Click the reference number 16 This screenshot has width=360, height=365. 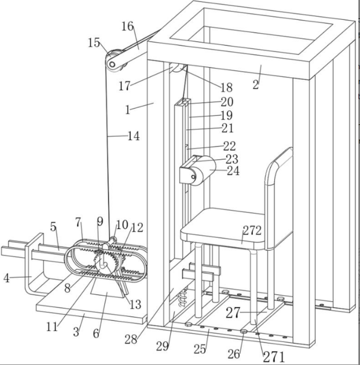[x=128, y=26]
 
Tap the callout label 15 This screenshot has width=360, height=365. [x=94, y=43]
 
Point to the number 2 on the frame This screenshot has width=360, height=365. [x=255, y=85]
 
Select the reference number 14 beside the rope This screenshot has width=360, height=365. [x=134, y=136]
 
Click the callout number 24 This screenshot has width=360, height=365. [x=233, y=170]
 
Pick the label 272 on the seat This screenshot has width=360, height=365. [x=252, y=230]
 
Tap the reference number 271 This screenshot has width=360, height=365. [x=274, y=356]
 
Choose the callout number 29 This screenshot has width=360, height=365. [x=163, y=346]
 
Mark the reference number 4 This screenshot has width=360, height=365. [x=6, y=278]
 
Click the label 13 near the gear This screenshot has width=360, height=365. [x=135, y=304]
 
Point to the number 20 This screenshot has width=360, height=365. [x=227, y=102]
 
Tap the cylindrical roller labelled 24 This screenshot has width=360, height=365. [x=204, y=170]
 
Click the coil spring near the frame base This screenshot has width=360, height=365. [x=183, y=297]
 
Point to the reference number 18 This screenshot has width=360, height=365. [x=226, y=87]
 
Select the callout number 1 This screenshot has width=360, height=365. [x=128, y=110]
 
